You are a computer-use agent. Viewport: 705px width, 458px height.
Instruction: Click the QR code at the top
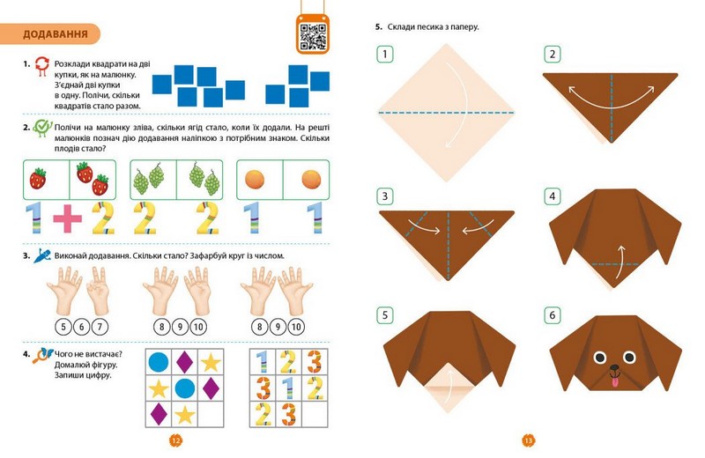click(313, 37)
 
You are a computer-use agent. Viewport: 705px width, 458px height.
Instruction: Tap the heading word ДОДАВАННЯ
click(56, 34)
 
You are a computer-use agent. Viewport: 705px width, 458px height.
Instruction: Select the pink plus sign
click(68, 218)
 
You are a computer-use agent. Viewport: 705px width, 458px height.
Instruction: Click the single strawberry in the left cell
click(38, 179)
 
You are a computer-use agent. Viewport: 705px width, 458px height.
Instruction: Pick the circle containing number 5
click(63, 327)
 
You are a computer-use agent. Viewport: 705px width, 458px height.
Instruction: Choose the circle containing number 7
click(100, 327)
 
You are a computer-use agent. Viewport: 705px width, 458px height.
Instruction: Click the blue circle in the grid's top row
click(159, 362)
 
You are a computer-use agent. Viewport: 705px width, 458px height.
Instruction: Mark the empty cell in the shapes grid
click(211, 414)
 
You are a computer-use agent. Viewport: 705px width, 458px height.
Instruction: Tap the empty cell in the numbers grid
click(315, 414)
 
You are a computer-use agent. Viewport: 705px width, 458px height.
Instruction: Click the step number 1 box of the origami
click(385, 55)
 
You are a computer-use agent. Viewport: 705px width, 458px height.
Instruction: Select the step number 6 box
click(553, 315)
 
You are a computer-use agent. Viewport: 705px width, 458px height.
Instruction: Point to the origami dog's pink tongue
click(614, 382)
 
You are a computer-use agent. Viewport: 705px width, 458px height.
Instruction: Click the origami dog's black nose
click(614, 368)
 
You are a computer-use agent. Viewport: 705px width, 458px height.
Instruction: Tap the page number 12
click(175, 441)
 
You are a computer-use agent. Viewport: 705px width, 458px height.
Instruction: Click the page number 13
click(528, 441)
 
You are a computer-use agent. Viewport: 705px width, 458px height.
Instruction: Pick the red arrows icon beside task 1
click(41, 66)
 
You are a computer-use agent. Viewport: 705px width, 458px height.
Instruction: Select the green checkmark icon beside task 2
click(42, 128)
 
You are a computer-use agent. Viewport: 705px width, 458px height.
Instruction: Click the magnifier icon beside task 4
click(42, 355)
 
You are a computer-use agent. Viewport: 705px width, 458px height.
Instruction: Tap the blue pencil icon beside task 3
click(42, 255)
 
